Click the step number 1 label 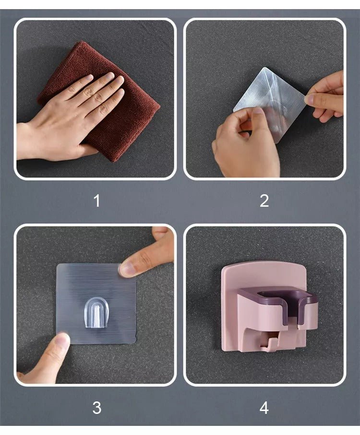pyautogui.click(x=97, y=201)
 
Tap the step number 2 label pyautogui.click(x=264, y=201)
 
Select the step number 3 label pyautogui.click(x=97, y=408)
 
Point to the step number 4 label pyautogui.click(x=264, y=408)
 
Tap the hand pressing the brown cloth pyautogui.click(x=70, y=117)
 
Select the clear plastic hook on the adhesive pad pyautogui.click(x=96, y=313)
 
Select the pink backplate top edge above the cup pyautogui.click(x=264, y=264)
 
